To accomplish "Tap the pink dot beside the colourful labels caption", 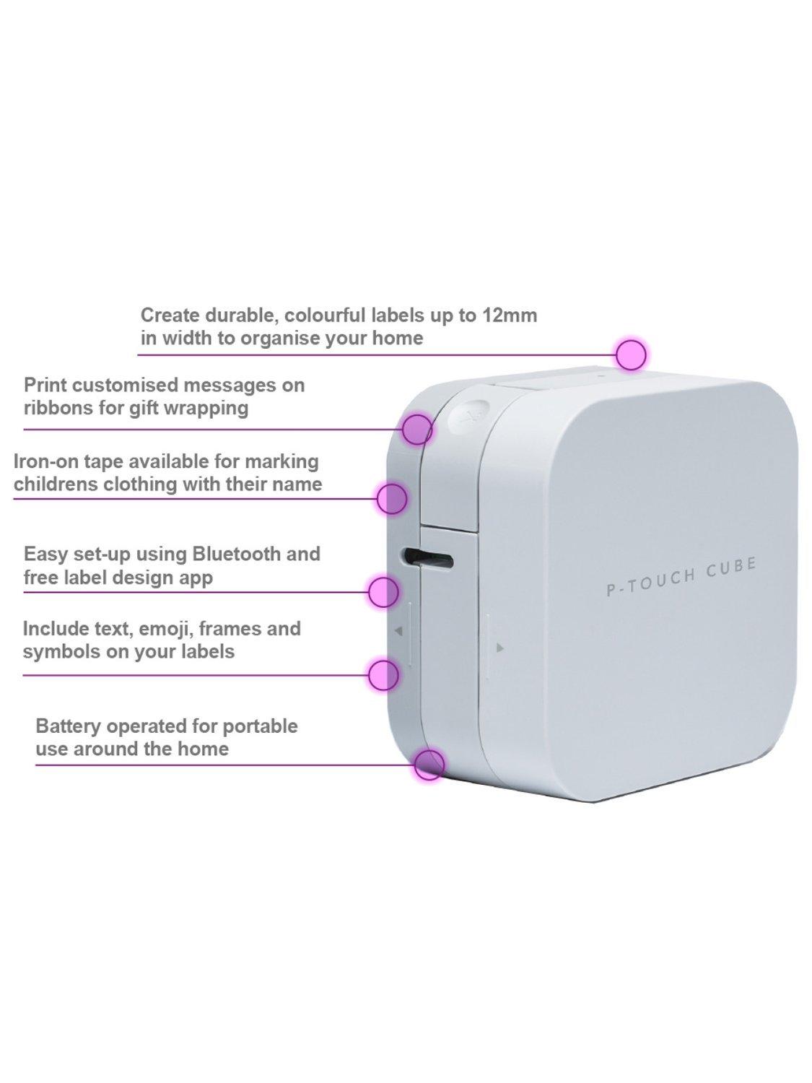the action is pyautogui.click(x=632, y=355).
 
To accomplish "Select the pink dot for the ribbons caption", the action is pyautogui.click(x=417, y=429).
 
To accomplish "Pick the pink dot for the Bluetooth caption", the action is pyautogui.click(x=383, y=591).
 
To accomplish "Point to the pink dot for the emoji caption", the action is pyautogui.click(x=383, y=675).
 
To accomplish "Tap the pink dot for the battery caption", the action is pyautogui.click(x=429, y=765).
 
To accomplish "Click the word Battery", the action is pyautogui.click(x=68, y=727).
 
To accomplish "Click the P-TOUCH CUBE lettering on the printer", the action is pyautogui.click(x=681, y=575).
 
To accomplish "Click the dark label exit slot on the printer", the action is pyautogui.click(x=427, y=557).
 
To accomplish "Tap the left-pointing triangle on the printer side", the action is pyautogui.click(x=399, y=630).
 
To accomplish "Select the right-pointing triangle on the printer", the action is pyautogui.click(x=500, y=648).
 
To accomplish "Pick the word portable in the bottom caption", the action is pyautogui.click(x=260, y=727).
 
